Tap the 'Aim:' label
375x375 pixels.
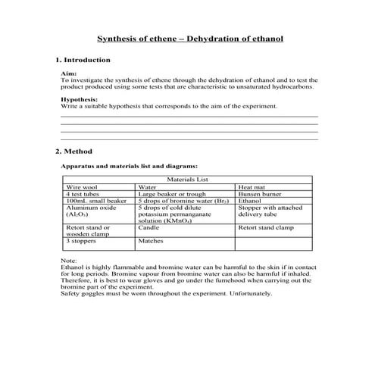tap(67, 73)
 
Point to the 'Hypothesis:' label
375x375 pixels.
tap(79, 98)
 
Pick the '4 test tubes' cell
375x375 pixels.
tap(83, 194)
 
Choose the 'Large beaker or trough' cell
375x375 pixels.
tap(170, 194)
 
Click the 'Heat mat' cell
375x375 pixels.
tap(252, 187)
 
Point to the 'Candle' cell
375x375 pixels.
tap(148, 227)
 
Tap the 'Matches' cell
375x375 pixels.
tap(151, 241)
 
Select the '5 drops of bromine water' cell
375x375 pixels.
tap(182, 201)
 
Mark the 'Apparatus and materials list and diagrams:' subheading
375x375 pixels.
tap(129, 165)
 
